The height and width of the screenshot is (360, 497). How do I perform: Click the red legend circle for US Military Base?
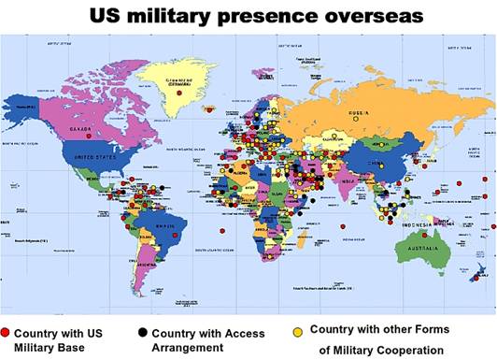click(x=7, y=333)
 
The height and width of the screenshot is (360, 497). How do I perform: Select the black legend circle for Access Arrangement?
click(x=141, y=333)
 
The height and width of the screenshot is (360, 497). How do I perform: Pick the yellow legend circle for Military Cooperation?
click(x=298, y=330)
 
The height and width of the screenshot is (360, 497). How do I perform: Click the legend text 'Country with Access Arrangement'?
click(x=207, y=340)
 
